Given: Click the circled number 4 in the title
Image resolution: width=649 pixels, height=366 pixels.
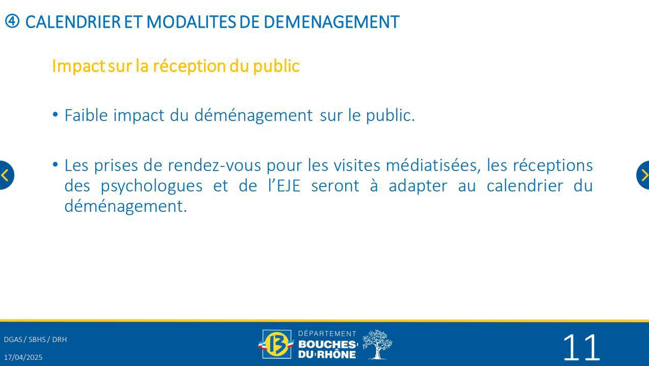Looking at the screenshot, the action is pos(12,21).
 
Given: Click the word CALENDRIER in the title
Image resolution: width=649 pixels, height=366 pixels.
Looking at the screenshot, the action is pos(73,22).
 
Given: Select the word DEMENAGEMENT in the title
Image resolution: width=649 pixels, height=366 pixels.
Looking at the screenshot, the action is pos(331,22).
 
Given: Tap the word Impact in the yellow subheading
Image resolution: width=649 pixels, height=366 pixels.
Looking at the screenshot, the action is pos(78,66).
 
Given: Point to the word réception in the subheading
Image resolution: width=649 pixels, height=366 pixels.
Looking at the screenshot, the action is pos(189,66).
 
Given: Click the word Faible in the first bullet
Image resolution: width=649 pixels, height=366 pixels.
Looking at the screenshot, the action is pos(86,115).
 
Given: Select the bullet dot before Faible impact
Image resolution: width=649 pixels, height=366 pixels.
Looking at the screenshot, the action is pos(55,114).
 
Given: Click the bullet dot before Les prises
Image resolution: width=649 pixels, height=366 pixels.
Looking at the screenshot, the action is pos(55,165).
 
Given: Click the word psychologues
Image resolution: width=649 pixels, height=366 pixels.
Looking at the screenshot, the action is pos(151,186).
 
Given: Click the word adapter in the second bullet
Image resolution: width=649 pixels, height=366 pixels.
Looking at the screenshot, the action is pos(418,186).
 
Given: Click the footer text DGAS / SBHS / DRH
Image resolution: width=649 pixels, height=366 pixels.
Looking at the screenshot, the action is pos(35,339).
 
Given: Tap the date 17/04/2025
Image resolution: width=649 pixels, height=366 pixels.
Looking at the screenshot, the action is pos(23,357).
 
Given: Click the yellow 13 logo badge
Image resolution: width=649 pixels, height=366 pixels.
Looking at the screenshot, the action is pos(276,344).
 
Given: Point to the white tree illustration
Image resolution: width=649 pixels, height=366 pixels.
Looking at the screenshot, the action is pos(377,345).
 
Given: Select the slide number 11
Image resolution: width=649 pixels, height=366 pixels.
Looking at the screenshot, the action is pos(581,348).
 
